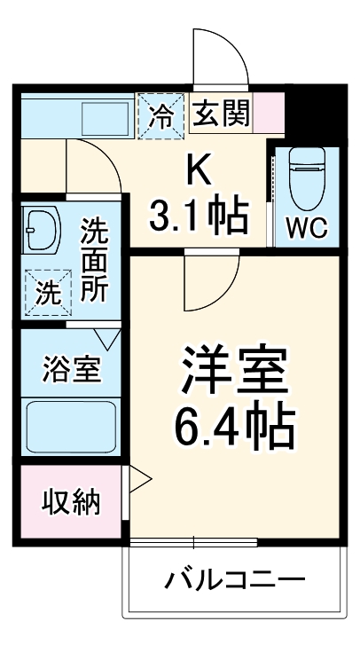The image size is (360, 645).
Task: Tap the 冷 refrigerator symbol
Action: tap(162, 114)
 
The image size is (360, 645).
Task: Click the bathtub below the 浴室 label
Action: tap(70, 429)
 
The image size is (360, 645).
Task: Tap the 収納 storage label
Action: tap(71, 502)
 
